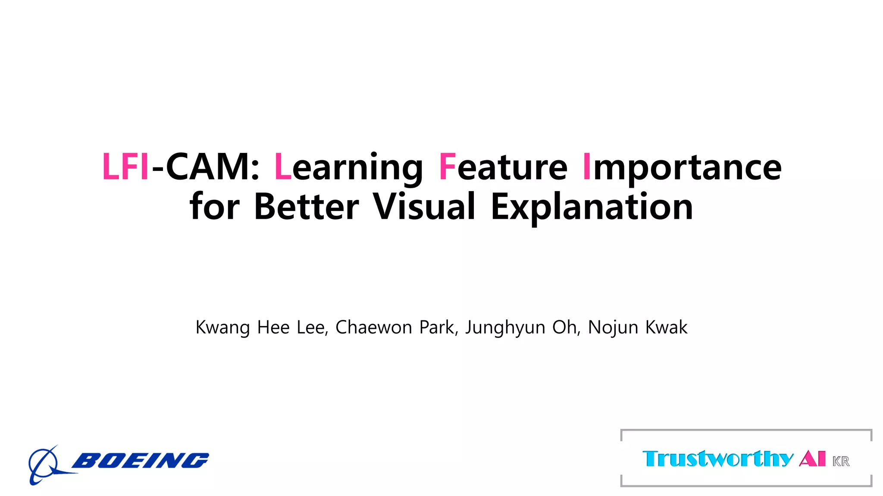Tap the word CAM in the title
coord(207,167)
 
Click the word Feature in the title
coord(503,167)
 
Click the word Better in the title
coord(306,207)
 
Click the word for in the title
coord(214,207)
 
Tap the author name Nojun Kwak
coord(638,327)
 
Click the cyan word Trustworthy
coord(717,459)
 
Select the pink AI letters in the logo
coord(812,459)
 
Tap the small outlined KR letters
coord(841,462)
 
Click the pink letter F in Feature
coord(447,167)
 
